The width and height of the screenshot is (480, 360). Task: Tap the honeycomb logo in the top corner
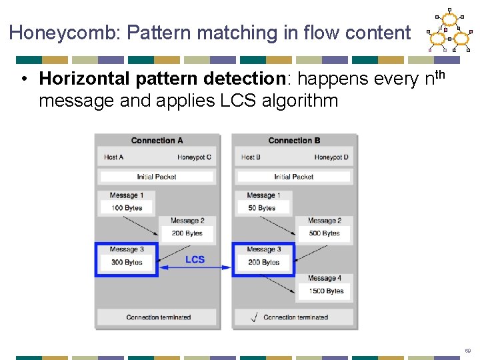click(448, 31)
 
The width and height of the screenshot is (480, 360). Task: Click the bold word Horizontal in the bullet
click(84, 79)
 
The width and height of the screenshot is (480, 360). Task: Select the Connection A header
click(157, 141)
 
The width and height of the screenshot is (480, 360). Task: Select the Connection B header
click(294, 141)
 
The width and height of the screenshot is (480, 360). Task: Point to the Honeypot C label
click(195, 157)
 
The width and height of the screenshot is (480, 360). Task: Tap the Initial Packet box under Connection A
click(157, 177)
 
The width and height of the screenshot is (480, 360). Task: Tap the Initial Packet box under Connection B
click(294, 177)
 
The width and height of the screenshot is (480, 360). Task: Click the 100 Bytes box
click(127, 208)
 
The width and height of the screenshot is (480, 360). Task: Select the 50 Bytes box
click(261, 208)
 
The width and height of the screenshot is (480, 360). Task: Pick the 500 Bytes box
click(324, 233)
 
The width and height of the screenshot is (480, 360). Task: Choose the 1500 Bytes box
click(326, 291)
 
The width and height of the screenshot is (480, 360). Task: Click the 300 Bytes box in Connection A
click(127, 263)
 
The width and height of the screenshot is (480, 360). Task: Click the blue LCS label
click(195, 259)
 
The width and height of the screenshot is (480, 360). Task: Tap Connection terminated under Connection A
click(158, 317)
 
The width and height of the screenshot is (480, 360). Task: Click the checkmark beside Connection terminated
click(253, 317)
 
